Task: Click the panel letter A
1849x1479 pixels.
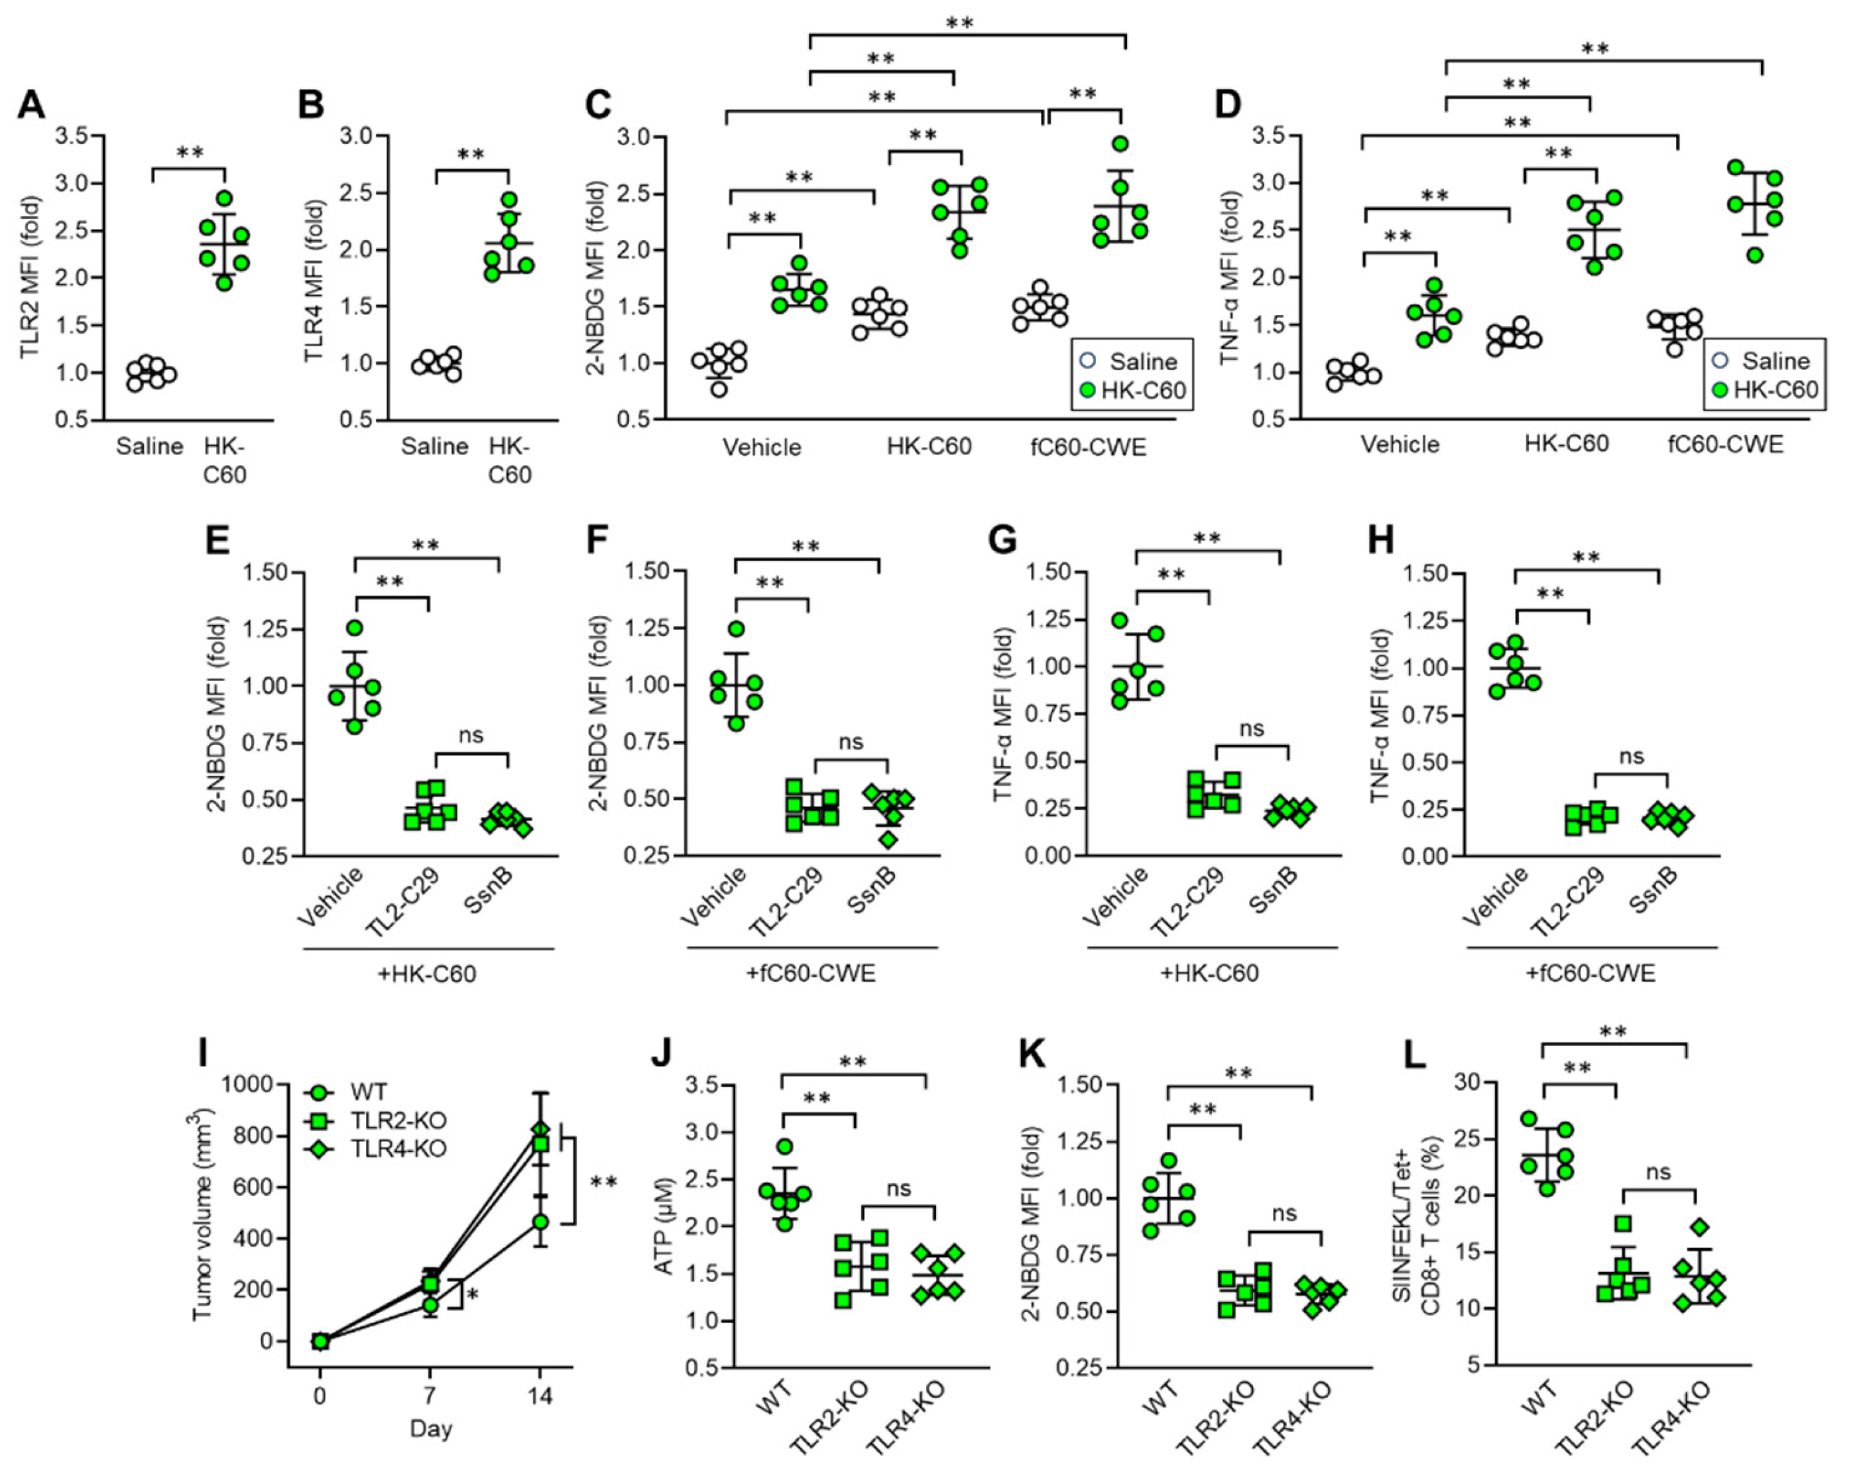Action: (32, 105)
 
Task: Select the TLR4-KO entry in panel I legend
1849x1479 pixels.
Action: (398, 1148)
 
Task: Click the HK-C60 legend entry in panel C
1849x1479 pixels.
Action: (1143, 391)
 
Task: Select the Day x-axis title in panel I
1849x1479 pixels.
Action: (430, 1429)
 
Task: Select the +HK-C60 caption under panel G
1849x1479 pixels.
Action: (1209, 974)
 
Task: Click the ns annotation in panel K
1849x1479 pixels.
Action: (1284, 1213)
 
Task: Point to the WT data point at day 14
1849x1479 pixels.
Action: (540, 1221)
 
